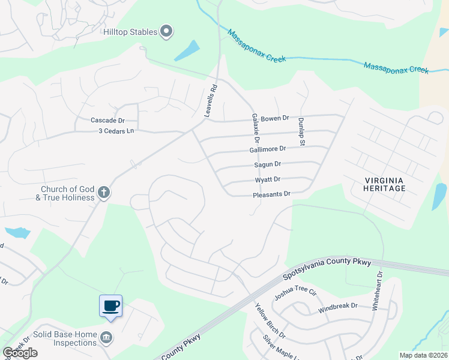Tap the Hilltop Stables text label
pos(130,32)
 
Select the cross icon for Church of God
pos(103,193)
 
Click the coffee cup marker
pos(110,306)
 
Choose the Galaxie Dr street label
pos(255,125)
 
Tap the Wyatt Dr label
pos(268,179)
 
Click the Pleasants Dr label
pos(271,194)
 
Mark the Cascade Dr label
pos(107,121)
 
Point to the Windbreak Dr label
pos(337,306)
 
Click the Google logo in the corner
pos(20,353)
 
